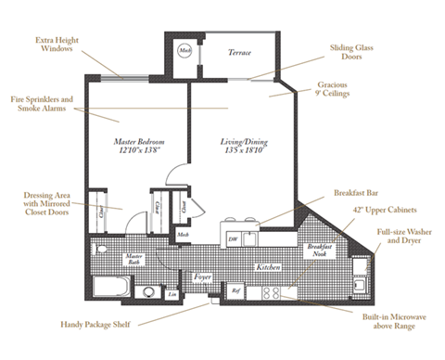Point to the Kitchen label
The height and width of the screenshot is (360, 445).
click(x=268, y=266)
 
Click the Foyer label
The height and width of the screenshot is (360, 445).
click(x=201, y=276)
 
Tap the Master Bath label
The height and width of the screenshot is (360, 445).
click(x=134, y=260)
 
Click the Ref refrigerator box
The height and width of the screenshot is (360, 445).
click(x=235, y=291)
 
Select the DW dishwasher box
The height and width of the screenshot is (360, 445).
click(x=232, y=238)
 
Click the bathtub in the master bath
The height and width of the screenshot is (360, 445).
click(x=108, y=287)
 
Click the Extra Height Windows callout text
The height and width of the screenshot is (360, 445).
click(x=57, y=45)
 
